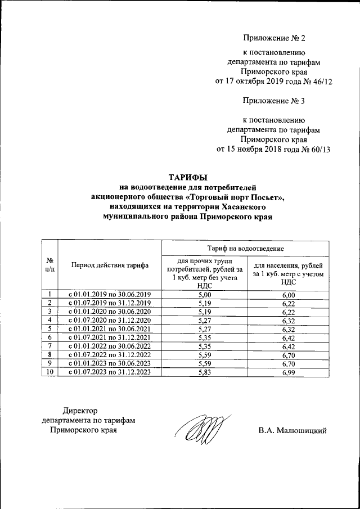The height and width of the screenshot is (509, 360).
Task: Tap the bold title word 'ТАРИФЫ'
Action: (x=189, y=177)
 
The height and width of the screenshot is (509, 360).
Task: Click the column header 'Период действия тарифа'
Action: (x=110, y=265)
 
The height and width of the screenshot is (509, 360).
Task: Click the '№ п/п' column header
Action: (x=50, y=265)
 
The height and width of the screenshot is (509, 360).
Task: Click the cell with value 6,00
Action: (x=288, y=295)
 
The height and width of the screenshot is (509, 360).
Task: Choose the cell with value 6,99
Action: (x=288, y=372)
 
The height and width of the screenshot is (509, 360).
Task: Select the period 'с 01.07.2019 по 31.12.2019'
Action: (x=110, y=303)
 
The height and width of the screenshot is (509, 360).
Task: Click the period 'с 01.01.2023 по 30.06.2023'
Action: (x=110, y=364)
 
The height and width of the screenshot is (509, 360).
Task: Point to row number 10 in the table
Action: (x=50, y=372)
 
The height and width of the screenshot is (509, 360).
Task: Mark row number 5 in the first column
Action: (x=50, y=329)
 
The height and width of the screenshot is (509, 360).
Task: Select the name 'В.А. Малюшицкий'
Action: (x=292, y=431)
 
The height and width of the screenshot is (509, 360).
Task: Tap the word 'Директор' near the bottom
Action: (x=80, y=411)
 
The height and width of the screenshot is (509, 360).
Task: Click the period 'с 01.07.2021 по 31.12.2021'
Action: (x=110, y=338)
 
